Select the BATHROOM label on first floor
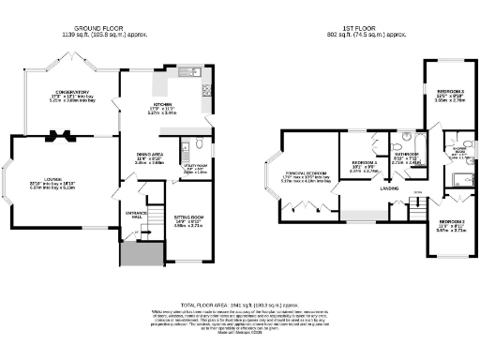tap(405, 156)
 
